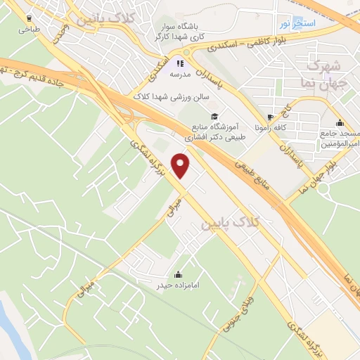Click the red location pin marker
[x=181, y=166]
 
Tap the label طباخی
[x=30, y=30]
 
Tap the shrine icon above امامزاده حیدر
[x=178, y=274]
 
